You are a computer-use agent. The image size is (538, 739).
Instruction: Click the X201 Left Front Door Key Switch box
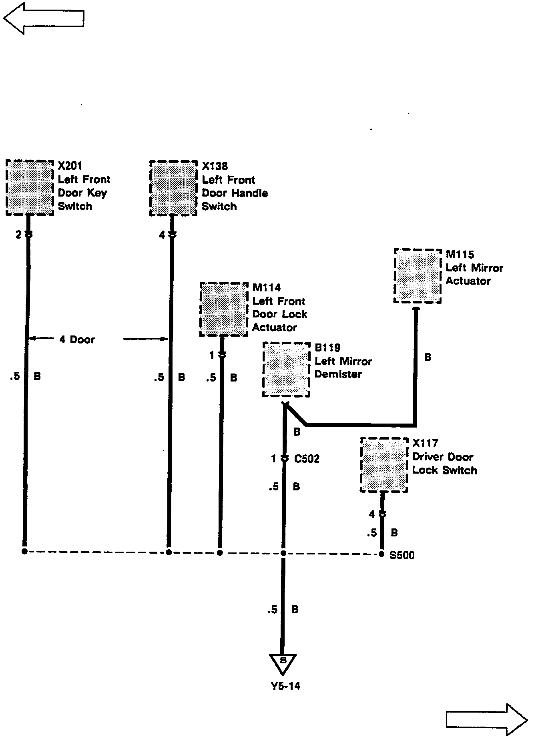(30, 188)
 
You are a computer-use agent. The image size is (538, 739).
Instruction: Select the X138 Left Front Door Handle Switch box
(173, 188)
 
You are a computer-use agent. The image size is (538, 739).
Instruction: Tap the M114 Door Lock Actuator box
(223, 309)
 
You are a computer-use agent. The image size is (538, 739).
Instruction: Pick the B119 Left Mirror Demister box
(286, 369)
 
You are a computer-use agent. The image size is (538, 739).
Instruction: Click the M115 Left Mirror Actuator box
(418, 276)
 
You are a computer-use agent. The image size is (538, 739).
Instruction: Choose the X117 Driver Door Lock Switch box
(384, 465)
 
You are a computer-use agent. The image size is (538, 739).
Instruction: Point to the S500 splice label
(402, 555)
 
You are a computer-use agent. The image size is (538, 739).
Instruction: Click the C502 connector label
(307, 459)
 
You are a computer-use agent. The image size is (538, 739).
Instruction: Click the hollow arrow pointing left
(44, 18)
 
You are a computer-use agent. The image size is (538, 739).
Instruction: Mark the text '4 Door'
(77, 339)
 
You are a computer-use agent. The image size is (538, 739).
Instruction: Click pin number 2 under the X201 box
(18, 235)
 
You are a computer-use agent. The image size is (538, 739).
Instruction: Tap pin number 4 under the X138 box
(162, 235)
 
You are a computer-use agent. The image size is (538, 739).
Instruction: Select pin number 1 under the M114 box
(212, 355)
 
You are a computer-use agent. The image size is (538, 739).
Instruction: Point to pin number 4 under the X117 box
(372, 514)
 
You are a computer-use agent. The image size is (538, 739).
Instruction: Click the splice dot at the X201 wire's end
(24, 552)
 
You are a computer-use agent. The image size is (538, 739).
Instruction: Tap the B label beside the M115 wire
(428, 357)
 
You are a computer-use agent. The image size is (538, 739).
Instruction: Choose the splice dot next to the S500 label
(381, 554)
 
